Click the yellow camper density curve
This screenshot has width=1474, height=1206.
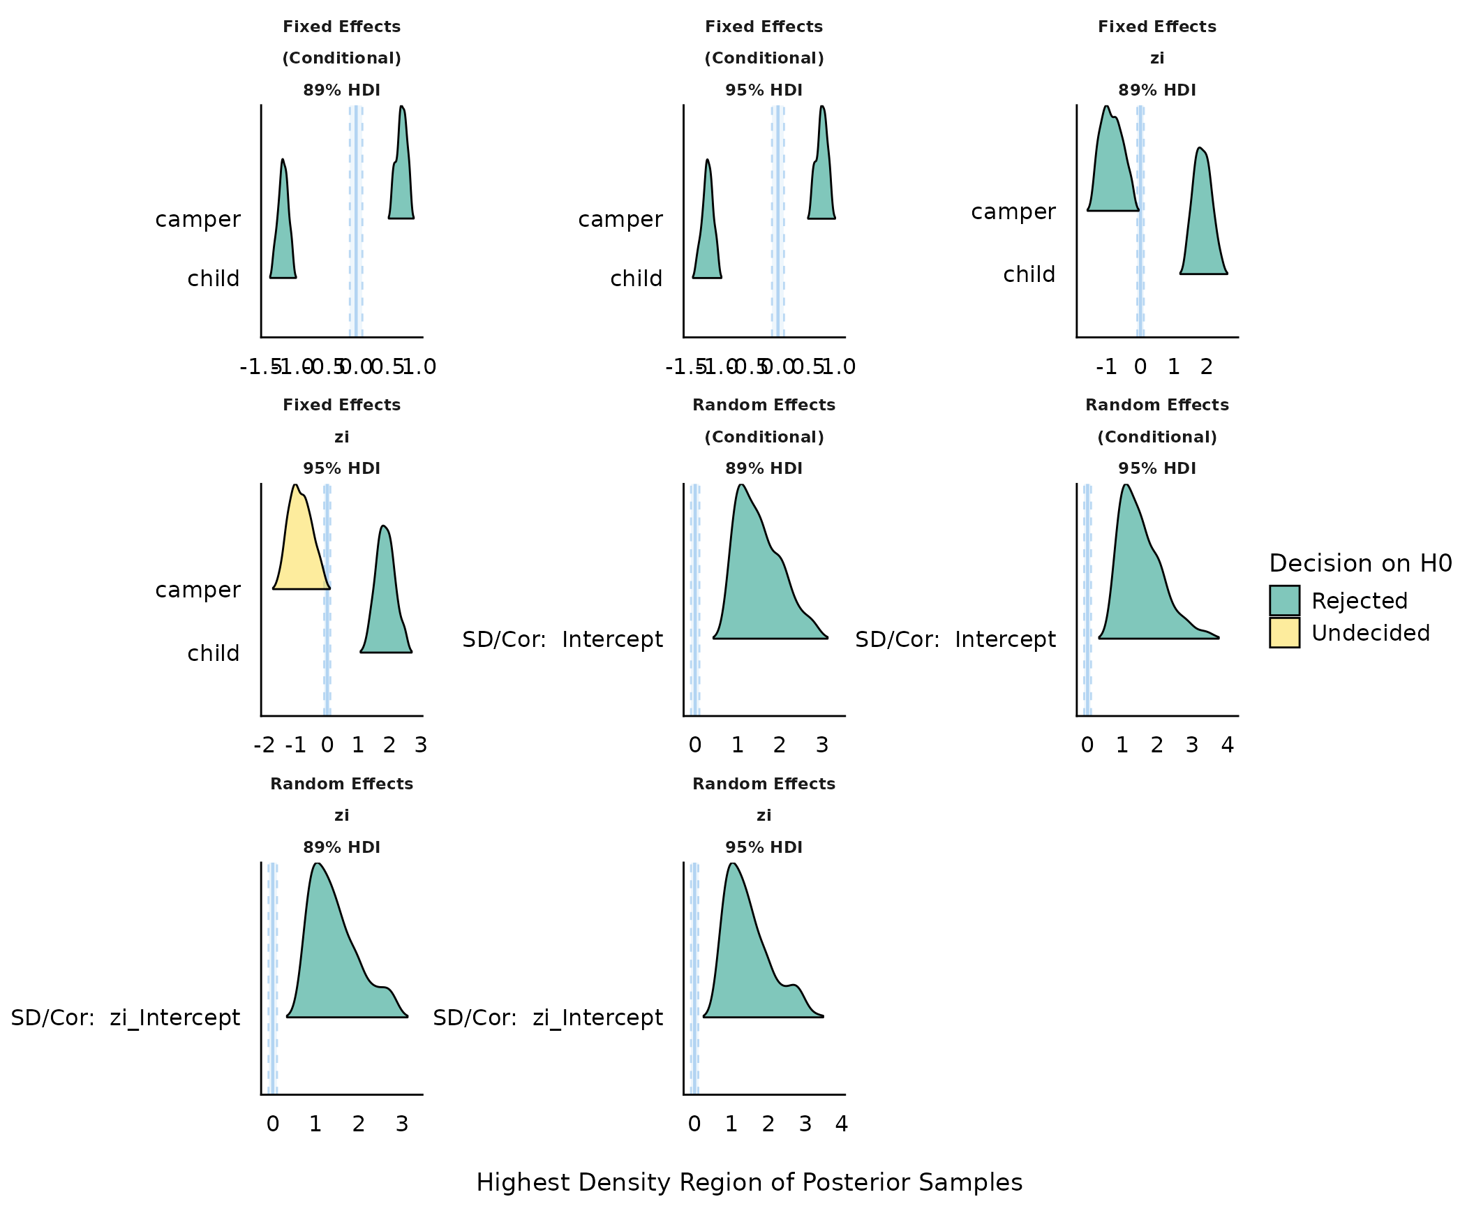pos(300,551)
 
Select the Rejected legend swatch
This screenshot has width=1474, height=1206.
pos(1284,600)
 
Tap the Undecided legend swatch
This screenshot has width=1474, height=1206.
pos(1284,632)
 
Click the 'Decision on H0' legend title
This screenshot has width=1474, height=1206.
pos(1360,563)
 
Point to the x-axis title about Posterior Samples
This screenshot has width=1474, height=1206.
pos(749,1182)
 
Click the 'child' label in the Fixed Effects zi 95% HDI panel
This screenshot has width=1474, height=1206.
pos(214,653)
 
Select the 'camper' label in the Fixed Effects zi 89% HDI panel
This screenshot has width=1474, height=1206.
pos(1013,211)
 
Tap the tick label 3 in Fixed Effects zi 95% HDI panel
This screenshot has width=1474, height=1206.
pos(420,745)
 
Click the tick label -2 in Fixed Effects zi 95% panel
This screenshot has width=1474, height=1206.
pos(264,745)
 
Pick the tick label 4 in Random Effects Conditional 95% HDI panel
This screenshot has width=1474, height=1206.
pos(1227,745)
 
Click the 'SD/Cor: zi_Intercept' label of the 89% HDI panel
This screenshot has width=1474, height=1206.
pos(126,1018)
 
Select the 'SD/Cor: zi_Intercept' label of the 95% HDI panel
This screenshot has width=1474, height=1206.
pos(548,1018)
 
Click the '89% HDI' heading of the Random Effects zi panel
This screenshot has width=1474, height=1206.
pos(341,847)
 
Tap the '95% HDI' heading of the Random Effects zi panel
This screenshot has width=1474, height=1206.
pos(764,847)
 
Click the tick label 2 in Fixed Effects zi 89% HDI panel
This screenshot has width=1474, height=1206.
pos(1206,367)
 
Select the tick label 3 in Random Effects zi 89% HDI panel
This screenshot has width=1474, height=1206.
pos(401,1124)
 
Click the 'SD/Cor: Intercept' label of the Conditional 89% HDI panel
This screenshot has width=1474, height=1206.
pos(563,639)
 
